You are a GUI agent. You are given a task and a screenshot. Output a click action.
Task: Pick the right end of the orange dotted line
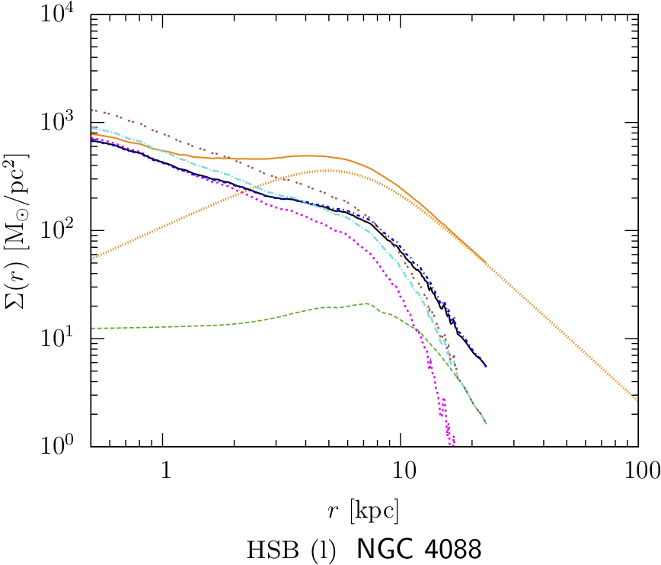pos(637,399)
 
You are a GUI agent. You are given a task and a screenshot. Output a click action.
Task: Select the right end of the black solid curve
pos(486,367)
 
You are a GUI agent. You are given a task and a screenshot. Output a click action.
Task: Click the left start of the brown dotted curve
pos(91,110)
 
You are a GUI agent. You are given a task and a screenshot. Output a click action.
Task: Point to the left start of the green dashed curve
pos(91,328)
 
